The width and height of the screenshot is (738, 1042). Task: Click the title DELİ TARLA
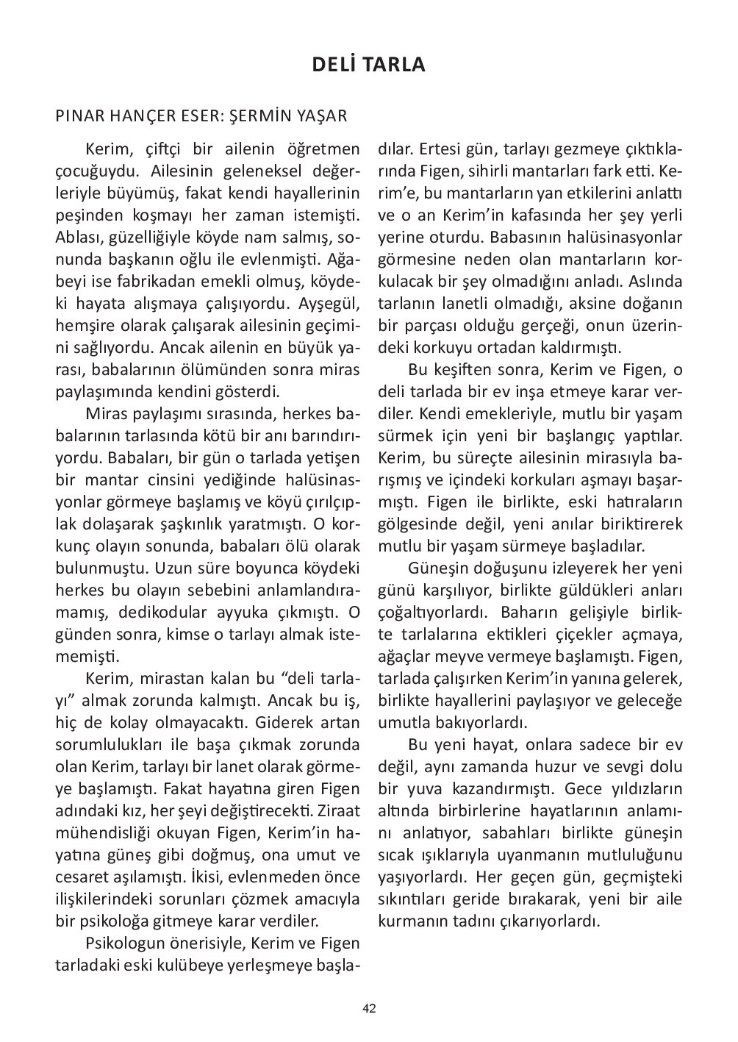click(x=369, y=65)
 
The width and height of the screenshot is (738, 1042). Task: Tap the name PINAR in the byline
click(x=76, y=116)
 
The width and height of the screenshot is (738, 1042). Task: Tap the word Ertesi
click(x=438, y=149)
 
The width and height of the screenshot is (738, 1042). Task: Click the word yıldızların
click(x=642, y=788)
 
